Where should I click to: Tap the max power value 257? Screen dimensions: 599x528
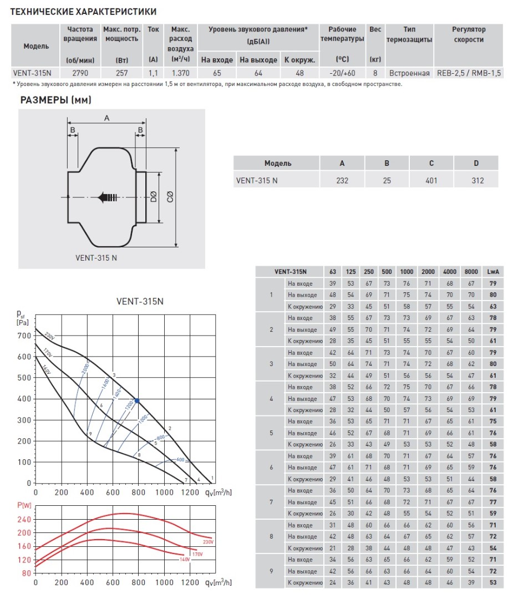tap(122, 73)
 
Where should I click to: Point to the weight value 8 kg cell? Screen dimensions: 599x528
tap(375, 73)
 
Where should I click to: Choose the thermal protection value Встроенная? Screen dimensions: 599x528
tap(409, 73)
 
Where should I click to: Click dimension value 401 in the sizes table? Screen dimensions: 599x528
tap(431, 180)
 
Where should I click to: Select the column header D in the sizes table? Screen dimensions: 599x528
tap(476, 163)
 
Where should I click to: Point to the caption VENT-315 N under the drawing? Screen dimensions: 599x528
tap(96, 258)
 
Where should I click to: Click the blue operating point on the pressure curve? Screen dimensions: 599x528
tap(137, 400)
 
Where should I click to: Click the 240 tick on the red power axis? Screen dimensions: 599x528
tap(24, 519)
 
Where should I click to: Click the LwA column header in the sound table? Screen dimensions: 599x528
tap(491, 271)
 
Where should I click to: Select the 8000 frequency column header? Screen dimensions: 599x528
tap(471, 271)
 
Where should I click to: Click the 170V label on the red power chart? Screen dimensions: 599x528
tap(197, 554)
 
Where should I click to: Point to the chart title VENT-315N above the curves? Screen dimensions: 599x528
tap(139, 302)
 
